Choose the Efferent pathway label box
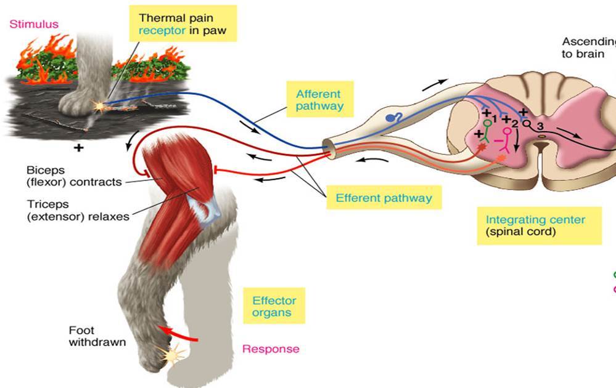(x=384, y=198)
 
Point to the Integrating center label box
(x=535, y=225)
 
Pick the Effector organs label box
(x=274, y=306)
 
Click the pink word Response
(x=271, y=349)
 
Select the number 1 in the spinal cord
(x=495, y=118)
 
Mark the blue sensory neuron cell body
(x=390, y=116)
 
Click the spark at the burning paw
(x=99, y=107)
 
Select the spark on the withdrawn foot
(x=165, y=355)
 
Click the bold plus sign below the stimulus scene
(x=79, y=148)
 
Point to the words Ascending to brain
(x=588, y=47)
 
